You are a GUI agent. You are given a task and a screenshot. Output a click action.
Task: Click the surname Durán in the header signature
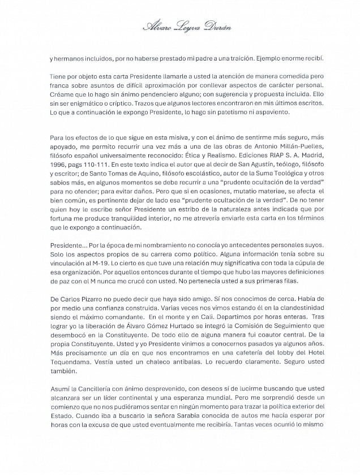coord(217,27)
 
